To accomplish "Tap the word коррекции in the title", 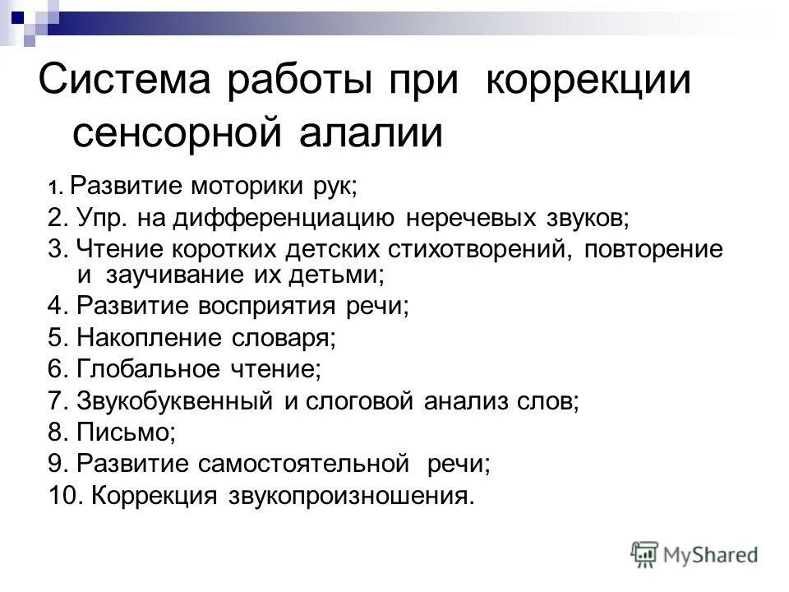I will click(588, 84).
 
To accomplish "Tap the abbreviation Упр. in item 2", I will click(104, 218).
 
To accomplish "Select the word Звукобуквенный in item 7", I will click(175, 402).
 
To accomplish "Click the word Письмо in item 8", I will click(123, 433).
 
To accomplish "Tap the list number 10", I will click(63, 497).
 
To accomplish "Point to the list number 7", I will click(56, 402).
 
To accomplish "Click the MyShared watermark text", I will click(711, 555).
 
